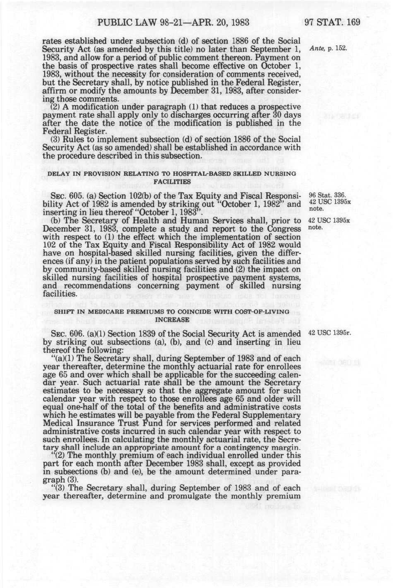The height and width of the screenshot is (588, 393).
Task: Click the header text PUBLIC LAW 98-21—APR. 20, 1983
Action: (173, 22)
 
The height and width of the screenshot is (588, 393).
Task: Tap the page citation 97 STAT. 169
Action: (332, 22)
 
